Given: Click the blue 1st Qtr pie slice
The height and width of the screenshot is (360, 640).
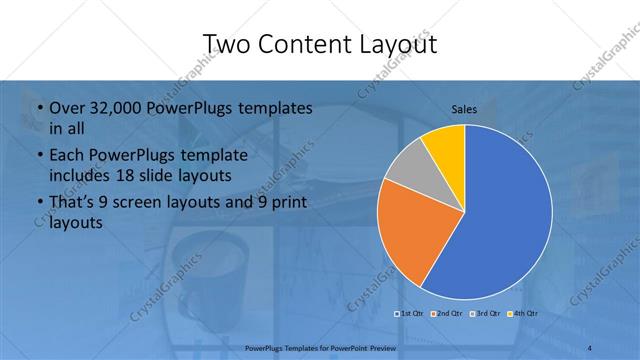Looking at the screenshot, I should pos(500,220).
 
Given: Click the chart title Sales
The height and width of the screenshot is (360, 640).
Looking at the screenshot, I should pos(464,109).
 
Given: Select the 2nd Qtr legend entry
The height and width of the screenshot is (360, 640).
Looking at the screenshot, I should pos(446,314).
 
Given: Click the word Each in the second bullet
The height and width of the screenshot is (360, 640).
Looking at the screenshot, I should pos(66,156).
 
